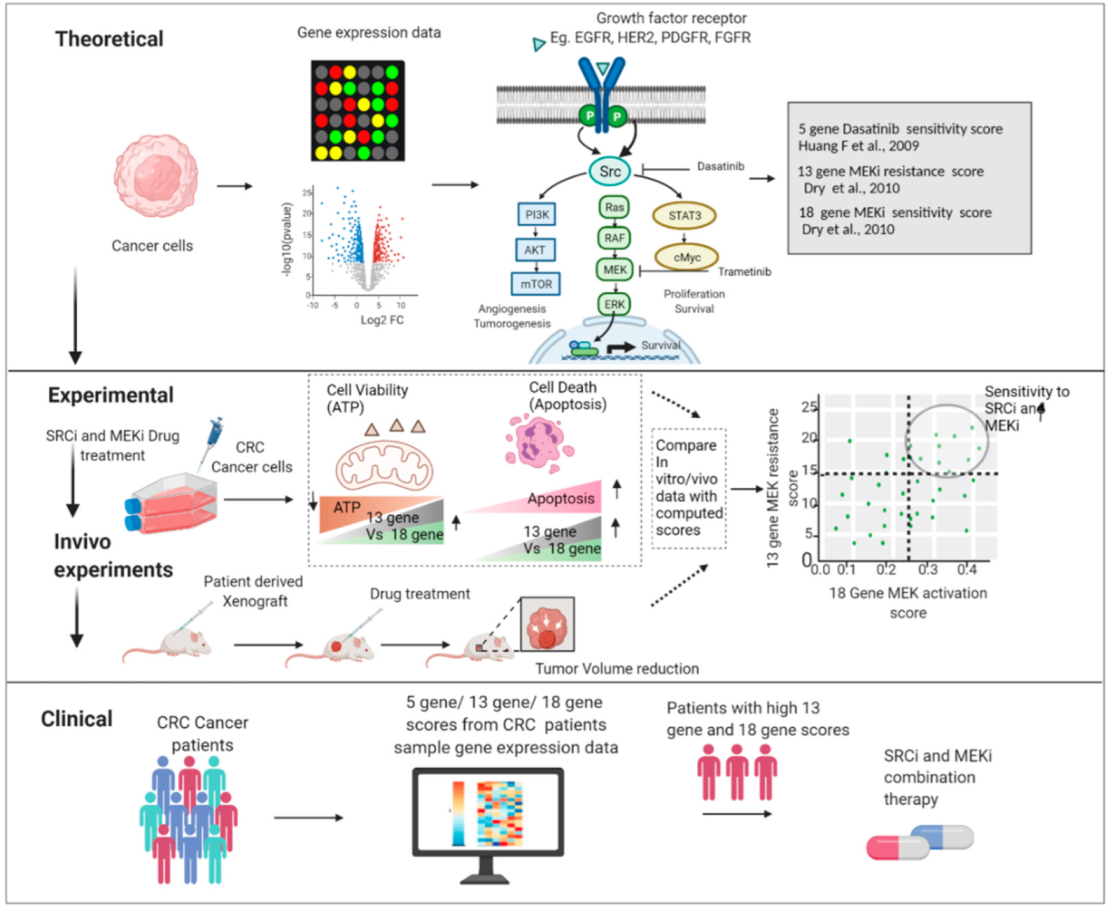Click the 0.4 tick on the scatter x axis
tap(967, 569)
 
